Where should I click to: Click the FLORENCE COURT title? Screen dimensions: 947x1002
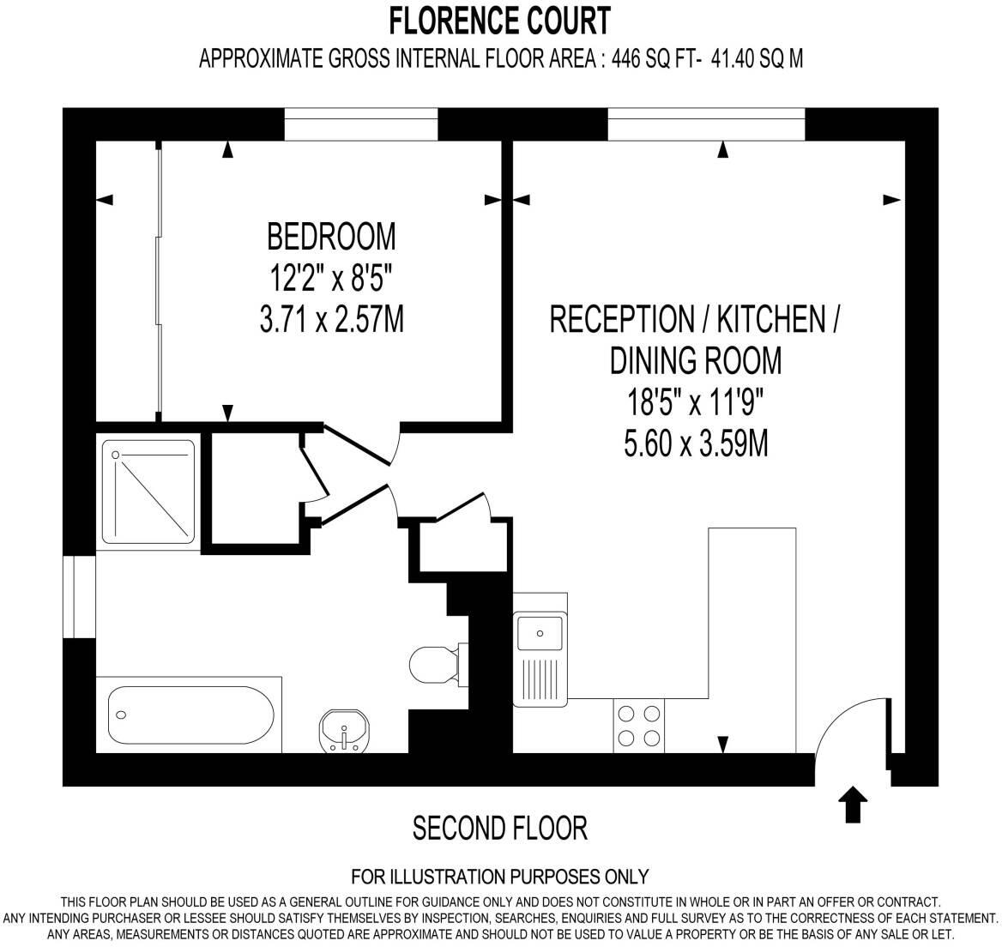point(500,19)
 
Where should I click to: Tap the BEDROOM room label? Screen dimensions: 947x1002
point(331,234)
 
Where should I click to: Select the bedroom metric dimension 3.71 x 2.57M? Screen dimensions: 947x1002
point(331,320)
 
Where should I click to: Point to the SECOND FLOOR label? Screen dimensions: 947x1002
point(500,829)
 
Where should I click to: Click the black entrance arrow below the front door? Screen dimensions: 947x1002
point(853,805)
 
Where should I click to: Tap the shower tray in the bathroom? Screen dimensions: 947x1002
point(148,490)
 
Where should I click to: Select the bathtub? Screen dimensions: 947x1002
point(190,714)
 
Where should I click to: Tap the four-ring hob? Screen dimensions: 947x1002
point(640,726)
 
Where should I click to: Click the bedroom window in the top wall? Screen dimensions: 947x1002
point(360,124)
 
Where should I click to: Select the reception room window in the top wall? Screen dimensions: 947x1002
point(706,124)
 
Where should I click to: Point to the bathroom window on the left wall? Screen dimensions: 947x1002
point(83,597)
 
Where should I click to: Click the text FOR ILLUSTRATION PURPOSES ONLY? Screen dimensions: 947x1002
point(500,877)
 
